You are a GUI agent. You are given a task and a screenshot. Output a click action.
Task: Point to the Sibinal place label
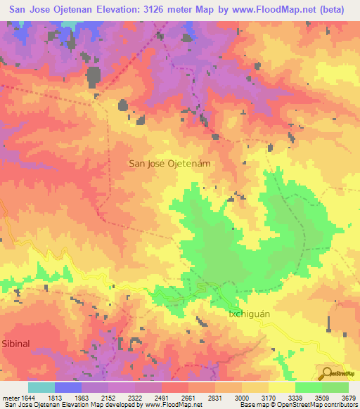pyautogui.click(x=16, y=346)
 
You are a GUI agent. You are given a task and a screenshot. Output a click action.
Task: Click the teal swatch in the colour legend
pyautogui.click(x=41, y=387)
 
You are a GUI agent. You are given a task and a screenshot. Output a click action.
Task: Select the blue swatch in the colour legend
pyautogui.click(x=67, y=387)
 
